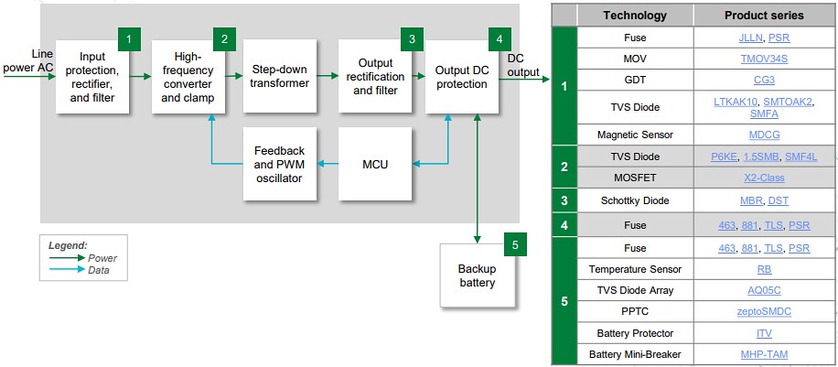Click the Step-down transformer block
(x=281, y=76)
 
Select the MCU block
(x=375, y=165)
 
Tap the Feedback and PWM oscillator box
(x=280, y=165)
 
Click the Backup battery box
(x=477, y=275)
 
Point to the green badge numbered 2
(x=222, y=38)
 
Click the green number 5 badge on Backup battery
(x=514, y=244)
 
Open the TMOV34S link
(x=764, y=59)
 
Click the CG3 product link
(x=764, y=80)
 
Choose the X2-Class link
(x=764, y=178)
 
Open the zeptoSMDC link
(x=764, y=312)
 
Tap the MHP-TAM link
(x=764, y=354)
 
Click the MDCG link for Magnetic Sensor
(x=764, y=135)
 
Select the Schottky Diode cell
(x=635, y=200)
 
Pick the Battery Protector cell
(x=635, y=333)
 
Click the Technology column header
(x=635, y=16)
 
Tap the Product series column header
(x=764, y=16)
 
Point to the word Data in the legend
(x=99, y=271)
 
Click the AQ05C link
(x=764, y=290)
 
